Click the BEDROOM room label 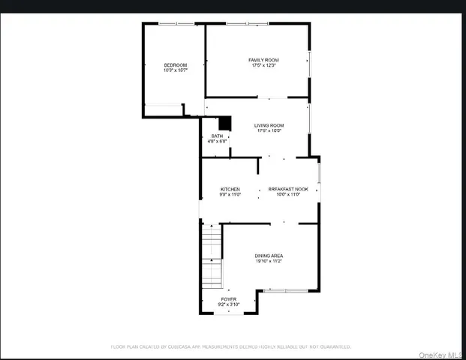[176, 65]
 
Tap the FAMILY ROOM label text [264, 60]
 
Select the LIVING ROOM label [268, 125]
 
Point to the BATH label [217, 136]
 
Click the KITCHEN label [230, 189]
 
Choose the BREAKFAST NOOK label [289, 189]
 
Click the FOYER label [227, 298]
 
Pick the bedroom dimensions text [176, 71]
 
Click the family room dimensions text [264, 66]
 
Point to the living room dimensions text [268, 131]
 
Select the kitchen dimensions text [230, 195]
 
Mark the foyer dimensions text [227, 304]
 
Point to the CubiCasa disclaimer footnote [231, 347]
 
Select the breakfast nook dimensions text [289, 195]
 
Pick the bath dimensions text [217, 142]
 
